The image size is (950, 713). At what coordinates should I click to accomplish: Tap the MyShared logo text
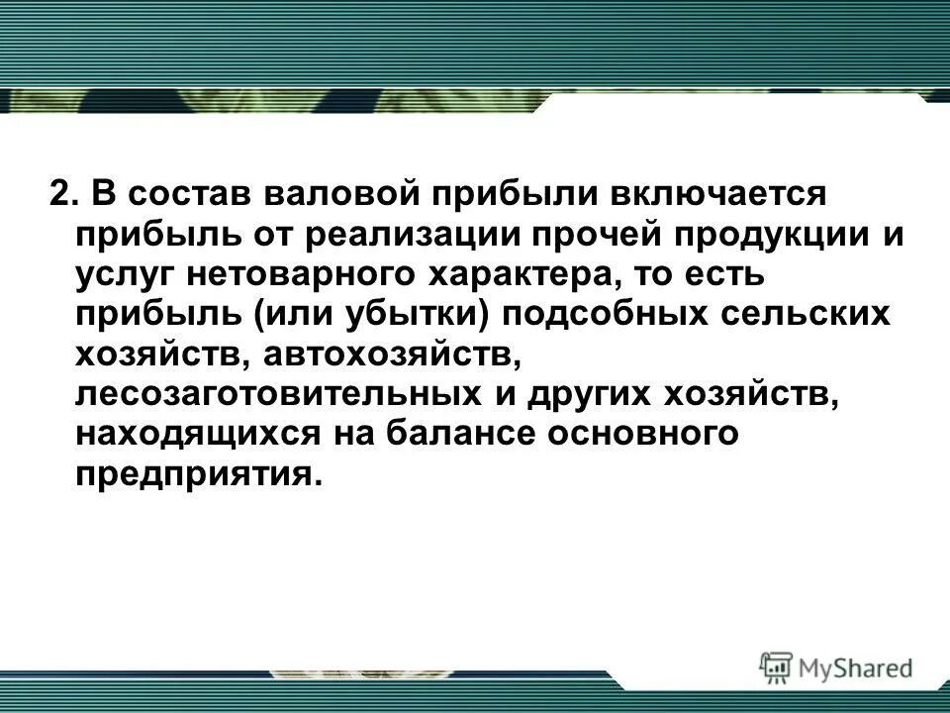click(x=856, y=667)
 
